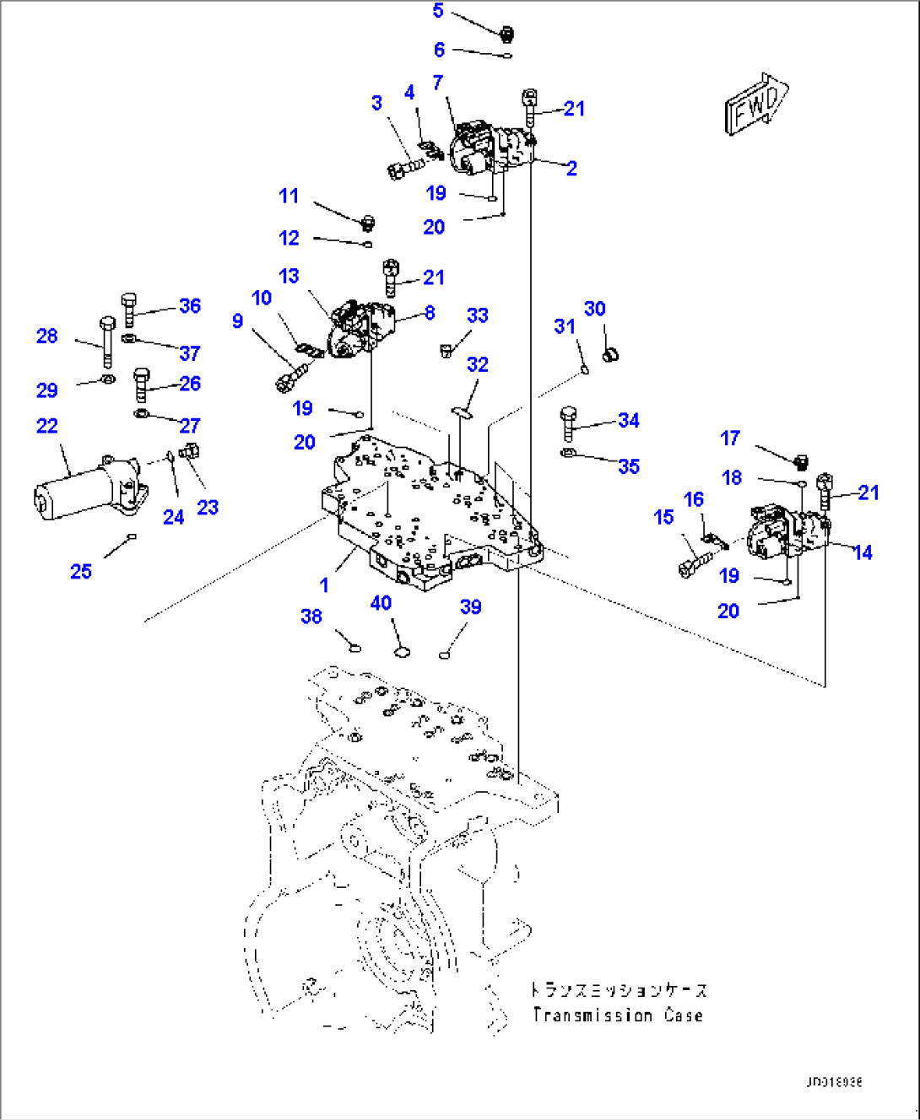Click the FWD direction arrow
tap(756, 104)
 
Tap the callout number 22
tap(47, 426)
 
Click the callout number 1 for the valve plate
tap(324, 584)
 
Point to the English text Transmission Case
tap(618, 1015)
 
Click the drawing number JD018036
tap(833, 1082)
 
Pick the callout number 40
tap(381, 603)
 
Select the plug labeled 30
tap(611, 353)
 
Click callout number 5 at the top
tap(438, 11)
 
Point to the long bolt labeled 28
tap(107, 342)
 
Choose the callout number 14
tap(862, 552)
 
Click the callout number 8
tap(430, 313)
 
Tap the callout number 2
tap(571, 168)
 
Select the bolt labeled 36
tap(128, 309)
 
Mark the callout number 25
tap(81, 571)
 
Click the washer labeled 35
tap(569, 455)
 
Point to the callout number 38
tap(311, 617)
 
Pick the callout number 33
tap(478, 315)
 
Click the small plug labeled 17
tap(802, 460)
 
